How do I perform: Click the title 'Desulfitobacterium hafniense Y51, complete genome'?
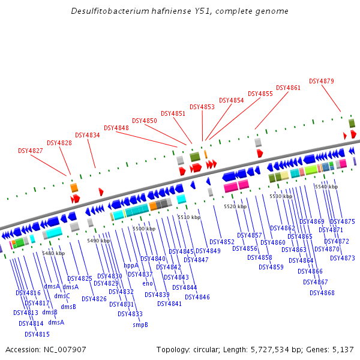coord(179,11)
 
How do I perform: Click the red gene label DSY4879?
coord(322,81)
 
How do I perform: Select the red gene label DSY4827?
coord(31,151)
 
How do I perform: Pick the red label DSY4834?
coord(88,135)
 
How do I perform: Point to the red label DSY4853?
coord(202,107)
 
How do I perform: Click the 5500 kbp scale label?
coord(144,229)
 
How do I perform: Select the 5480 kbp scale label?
coord(53,253)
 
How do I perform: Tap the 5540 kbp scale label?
coord(326,187)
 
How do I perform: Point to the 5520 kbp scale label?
coord(235,206)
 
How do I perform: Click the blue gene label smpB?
coord(140,325)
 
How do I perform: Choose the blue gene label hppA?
coord(131,265)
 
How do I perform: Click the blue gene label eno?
coord(148,283)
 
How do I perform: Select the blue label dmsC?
coord(62,295)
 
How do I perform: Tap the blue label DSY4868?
coord(322,293)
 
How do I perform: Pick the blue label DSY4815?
coord(37,334)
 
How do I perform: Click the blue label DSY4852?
coord(222,242)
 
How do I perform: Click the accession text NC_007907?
coord(46,349)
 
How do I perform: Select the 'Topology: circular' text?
coord(187,349)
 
